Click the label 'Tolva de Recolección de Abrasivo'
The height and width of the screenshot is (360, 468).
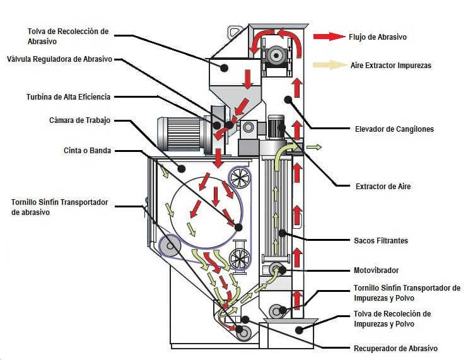68,36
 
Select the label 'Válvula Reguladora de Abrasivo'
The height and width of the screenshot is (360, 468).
59,59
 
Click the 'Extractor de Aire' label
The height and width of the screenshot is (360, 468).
385,186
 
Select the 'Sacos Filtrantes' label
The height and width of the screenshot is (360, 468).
381,240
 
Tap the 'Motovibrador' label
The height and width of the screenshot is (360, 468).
376,270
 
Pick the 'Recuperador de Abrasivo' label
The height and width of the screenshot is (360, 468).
395,348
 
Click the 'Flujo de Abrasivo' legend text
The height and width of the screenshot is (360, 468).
377,37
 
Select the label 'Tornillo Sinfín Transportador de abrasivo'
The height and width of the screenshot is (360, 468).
60,207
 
